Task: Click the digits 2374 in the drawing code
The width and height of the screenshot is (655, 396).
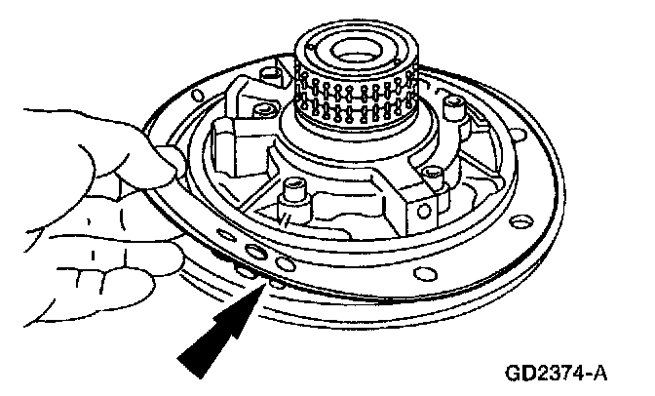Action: (566, 374)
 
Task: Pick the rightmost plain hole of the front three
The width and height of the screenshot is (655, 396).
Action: (285, 262)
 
